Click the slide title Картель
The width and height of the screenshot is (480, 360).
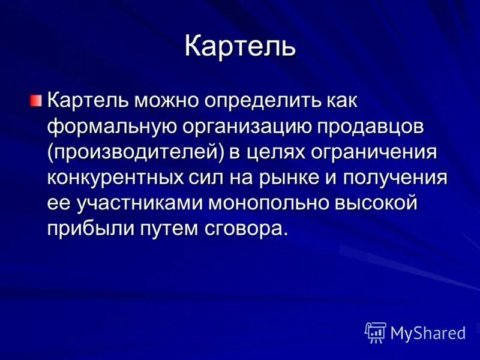(240, 46)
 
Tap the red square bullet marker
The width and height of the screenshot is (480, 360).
(37, 99)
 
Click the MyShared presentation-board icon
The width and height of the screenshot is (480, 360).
(376, 331)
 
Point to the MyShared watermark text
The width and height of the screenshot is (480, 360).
(428, 332)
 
